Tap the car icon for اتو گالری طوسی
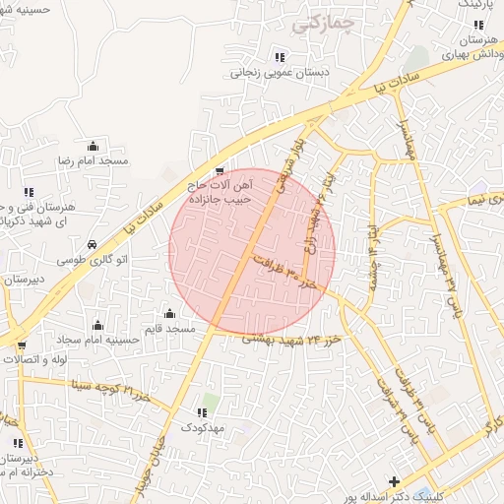(91, 243)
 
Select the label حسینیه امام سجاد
(96, 342)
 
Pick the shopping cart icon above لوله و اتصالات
(22, 346)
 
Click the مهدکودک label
(204, 429)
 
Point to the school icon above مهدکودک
(204, 411)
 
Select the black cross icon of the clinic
(395, 481)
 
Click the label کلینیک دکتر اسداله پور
(439, 497)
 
